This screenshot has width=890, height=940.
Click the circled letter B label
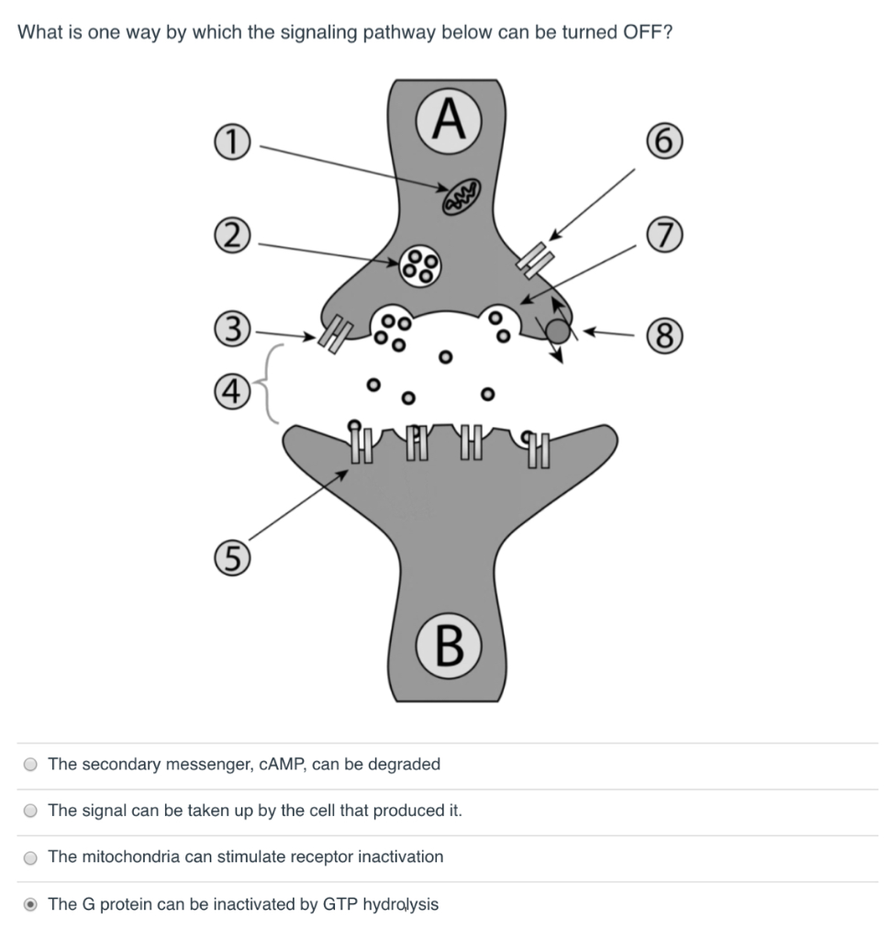click(447, 646)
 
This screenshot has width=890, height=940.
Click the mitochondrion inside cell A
click(461, 196)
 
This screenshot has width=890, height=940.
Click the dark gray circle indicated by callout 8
click(558, 331)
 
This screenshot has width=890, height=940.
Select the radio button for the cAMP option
click(31, 765)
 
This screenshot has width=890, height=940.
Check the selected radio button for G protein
click(31, 905)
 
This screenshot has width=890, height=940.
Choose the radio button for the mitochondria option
click(31, 858)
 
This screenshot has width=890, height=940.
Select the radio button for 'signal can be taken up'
click(31, 811)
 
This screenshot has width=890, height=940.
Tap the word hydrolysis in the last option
click(400, 905)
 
